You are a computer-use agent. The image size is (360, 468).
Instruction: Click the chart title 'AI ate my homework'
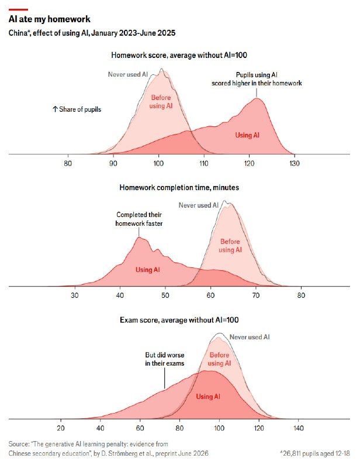(x=50, y=19)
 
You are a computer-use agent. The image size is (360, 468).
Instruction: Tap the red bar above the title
(x=18, y=10)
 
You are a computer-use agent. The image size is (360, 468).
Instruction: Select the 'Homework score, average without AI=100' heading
(x=179, y=55)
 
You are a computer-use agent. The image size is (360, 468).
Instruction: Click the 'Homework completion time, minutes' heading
(x=179, y=187)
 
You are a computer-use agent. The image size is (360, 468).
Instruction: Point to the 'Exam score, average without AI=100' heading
(x=179, y=320)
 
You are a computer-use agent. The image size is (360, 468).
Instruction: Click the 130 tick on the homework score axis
(x=295, y=163)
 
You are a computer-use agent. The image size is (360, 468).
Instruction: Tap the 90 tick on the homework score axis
(x=113, y=163)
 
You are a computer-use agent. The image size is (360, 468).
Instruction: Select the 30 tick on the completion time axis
(x=75, y=295)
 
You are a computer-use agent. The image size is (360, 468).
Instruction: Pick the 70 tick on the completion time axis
(x=256, y=295)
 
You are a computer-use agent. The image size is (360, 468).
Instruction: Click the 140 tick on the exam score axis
(x=298, y=428)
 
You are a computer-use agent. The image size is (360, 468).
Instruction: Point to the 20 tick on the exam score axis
(x=61, y=428)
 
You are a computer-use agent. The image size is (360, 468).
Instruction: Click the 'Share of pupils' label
(x=77, y=109)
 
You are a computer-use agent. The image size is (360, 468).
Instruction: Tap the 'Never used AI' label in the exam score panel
(x=250, y=337)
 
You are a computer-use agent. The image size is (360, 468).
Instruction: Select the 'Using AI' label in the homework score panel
(x=247, y=135)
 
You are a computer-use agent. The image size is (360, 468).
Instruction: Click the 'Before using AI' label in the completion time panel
(x=230, y=246)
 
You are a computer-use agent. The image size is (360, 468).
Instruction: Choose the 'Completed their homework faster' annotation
(x=139, y=219)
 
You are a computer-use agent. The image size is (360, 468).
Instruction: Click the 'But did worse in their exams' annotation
(x=165, y=359)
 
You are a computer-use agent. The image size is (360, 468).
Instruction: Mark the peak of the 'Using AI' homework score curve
(x=257, y=98)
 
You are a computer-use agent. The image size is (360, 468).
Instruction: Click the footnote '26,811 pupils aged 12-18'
(x=315, y=453)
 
